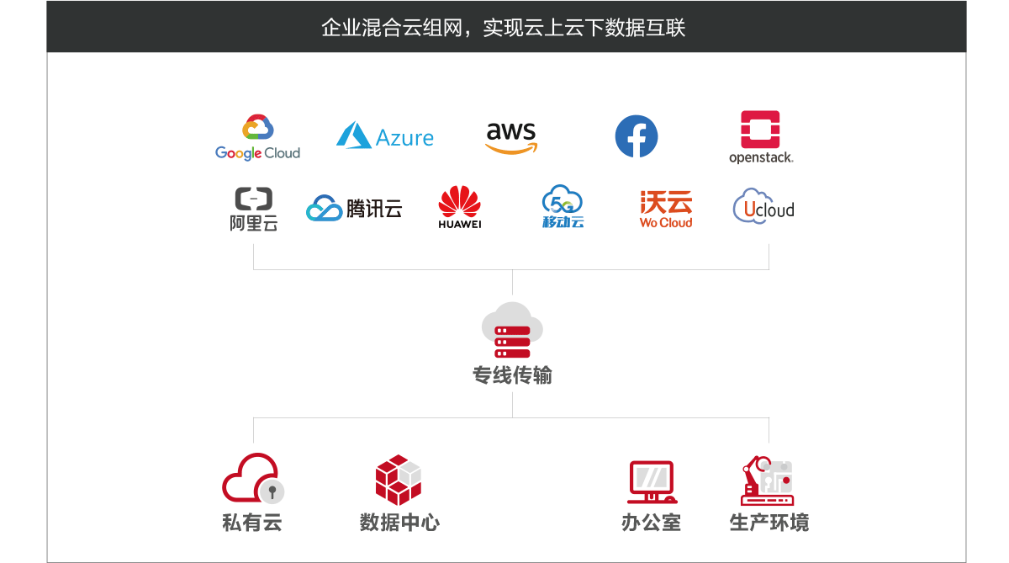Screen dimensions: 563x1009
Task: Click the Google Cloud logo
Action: [x=257, y=138]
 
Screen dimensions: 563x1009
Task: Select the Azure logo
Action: [x=385, y=136]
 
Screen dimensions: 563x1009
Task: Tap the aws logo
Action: [x=511, y=137]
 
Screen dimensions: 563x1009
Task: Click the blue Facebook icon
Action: [x=637, y=136]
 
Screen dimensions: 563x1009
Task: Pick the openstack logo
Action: [x=760, y=137]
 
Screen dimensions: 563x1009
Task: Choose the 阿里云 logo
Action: [x=253, y=209]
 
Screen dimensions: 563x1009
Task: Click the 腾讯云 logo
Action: [x=354, y=208]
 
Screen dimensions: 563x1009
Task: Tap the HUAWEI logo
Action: [x=460, y=207]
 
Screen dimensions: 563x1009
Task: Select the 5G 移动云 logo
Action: [x=563, y=207]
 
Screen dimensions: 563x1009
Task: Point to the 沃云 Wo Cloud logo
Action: [x=666, y=209]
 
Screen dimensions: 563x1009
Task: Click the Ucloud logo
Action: [x=763, y=207]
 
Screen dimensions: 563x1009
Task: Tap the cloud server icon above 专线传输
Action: [x=512, y=330]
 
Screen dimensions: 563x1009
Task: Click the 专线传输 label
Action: [x=512, y=375]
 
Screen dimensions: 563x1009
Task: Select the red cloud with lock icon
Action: [x=252, y=479]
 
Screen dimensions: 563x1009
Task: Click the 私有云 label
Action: [x=252, y=523]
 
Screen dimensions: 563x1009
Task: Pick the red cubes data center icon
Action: [x=399, y=480]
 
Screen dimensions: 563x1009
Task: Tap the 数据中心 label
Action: [x=399, y=523]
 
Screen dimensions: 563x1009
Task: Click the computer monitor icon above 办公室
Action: [x=652, y=481]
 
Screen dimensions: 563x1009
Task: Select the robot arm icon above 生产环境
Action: [x=767, y=481]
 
